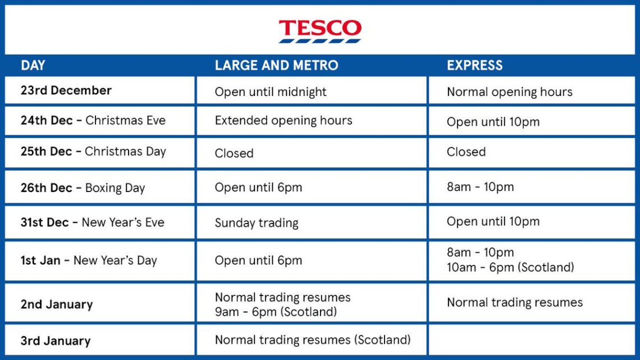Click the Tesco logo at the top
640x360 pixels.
pyautogui.click(x=320, y=31)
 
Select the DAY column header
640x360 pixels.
pyautogui.click(x=33, y=65)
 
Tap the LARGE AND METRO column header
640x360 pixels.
pyautogui.click(x=276, y=65)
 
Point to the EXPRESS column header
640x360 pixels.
pyautogui.click(x=474, y=65)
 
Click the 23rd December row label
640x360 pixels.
pyautogui.click(x=66, y=90)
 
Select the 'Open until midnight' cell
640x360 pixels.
pyautogui.click(x=270, y=92)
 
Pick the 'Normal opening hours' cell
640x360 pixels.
pyautogui.click(x=509, y=92)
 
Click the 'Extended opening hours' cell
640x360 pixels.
pyautogui.click(x=284, y=120)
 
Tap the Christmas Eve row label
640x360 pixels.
pyautogui.click(x=93, y=120)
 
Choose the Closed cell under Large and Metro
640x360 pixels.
pyautogui.click(x=234, y=153)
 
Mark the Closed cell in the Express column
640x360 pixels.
pyautogui.click(x=466, y=152)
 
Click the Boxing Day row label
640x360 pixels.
pyautogui.click(x=83, y=188)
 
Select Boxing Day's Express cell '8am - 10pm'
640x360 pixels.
pyautogui.click(x=480, y=187)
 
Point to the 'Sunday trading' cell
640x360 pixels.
pyautogui.click(x=257, y=222)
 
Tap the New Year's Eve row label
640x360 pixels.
pyautogui.click(x=93, y=222)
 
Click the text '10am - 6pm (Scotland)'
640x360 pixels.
pyautogui.click(x=510, y=267)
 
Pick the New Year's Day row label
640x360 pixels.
pyautogui.click(x=89, y=260)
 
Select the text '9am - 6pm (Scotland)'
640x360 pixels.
pyautogui.click(x=276, y=311)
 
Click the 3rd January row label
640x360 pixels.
pyautogui.click(x=56, y=340)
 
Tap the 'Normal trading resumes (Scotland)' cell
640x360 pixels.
pyautogui.click(x=312, y=339)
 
